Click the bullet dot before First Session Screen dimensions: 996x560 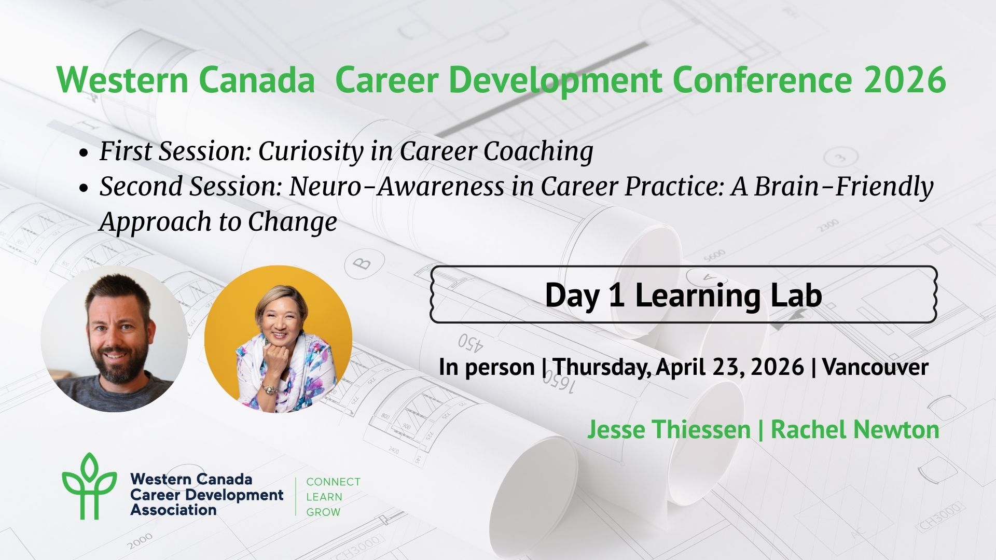pos(84,153)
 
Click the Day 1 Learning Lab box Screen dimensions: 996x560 pos(684,295)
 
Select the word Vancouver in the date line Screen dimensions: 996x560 pos(876,367)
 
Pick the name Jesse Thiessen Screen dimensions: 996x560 pos(669,429)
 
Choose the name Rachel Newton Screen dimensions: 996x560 pos(855,429)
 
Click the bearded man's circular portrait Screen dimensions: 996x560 pos(114,339)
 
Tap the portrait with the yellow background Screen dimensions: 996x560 pos(278,339)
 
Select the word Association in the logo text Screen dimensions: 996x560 pos(173,510)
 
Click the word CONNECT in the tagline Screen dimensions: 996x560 pos(333,482)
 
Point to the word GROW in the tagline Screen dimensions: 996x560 pos(323,512)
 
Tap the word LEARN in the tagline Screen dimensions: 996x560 pos(324,497)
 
